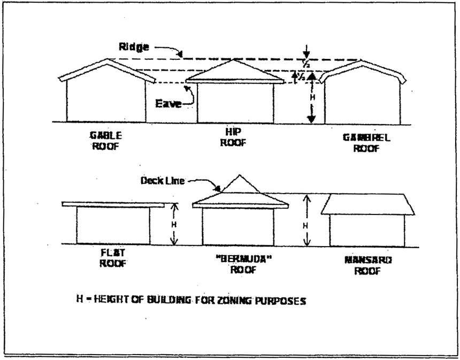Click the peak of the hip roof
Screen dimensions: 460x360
(234, 60)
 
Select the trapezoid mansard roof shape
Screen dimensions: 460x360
(367, 204)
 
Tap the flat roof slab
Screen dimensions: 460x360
(113, 204)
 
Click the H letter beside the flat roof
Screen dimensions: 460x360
(173, 224)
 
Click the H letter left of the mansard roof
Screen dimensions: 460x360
(305, 225)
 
